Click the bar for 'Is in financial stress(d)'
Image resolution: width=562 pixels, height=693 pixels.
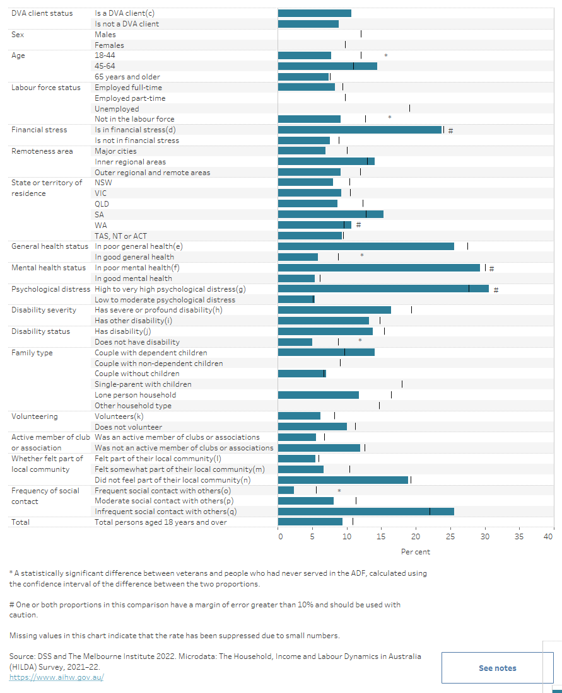pyautogui.click(x=360, y=130)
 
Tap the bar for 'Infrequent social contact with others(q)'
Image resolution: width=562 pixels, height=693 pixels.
pyautogui.click(x=366, y=512)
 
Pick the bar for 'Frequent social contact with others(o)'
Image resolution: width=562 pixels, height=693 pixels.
pyautogui.click(x=286, y=490)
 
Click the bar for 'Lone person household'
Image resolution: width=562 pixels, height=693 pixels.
pyautogui.click(x=318, y=395)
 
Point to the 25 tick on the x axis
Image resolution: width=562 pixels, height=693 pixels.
pyautogui.click(x=450, y=537)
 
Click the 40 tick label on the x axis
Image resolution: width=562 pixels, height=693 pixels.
pyautogui.click(x=548, y=537)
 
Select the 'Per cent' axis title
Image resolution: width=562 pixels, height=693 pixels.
pyautogui.click(x=416, y=552)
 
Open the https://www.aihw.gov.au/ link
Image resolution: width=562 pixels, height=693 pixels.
pyautogui.click(x=56, y=677)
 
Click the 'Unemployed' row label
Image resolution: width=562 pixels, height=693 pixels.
pyautogui.click(x=117, y=109)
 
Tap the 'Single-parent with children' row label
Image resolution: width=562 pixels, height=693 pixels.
pyautogui.click(x=143, y=384)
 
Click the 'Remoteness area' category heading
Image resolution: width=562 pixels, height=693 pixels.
pyautogui.click(x=42, y=151)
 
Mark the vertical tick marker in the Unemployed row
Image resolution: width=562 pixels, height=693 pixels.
pyautogui.click(x=409, y=108)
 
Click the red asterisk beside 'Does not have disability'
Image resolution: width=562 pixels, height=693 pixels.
pyautogui.click(x=360, y=341)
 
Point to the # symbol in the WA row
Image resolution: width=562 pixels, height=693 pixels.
pyautogui.click(x=358, y=225)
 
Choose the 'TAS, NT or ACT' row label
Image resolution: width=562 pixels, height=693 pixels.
pyautogui.click(x=120, y=236)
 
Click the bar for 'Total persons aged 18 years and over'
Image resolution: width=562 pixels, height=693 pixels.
pyautogui.click(x=310, y=522)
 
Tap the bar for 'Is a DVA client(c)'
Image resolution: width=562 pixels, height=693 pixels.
pyautogui.click(x=314, y=13)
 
